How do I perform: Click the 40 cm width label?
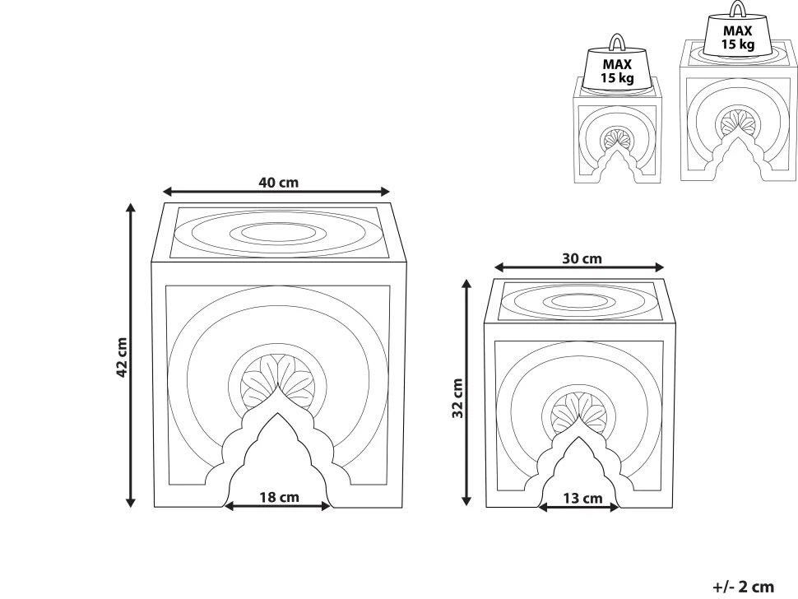[x=279, y=182]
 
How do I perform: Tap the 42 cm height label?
[x=123, y=356]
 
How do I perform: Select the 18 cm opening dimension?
[x=279, y=497]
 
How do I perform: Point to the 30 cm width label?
[x=581, y=258]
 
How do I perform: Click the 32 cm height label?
[x=459, y=397]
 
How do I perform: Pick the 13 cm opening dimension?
[x=582, y=498]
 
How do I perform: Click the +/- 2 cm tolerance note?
[x=744, y=587]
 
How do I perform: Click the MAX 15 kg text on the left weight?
[x=617, y=72]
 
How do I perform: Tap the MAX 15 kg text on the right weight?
[x=737, y=38]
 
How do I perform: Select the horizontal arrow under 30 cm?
[x=578, y=267]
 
